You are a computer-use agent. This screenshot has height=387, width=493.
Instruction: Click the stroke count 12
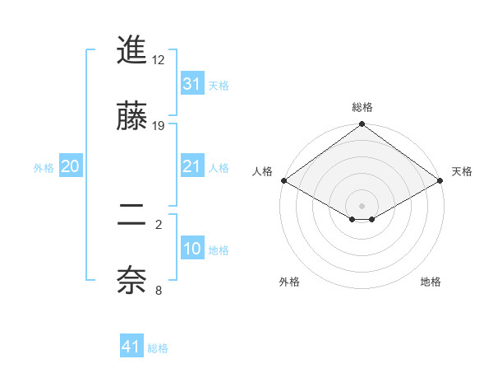[x=159, y=60]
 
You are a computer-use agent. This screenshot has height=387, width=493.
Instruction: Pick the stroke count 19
[x=159, y=126]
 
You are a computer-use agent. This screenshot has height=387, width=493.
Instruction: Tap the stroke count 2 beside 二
[x=159, y=223]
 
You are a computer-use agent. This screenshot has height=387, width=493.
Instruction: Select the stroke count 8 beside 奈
[x=159, y=289]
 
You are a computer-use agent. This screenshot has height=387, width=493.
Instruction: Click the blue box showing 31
[x=191, y=83]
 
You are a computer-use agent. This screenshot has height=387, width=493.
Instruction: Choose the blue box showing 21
[x=191, y=166]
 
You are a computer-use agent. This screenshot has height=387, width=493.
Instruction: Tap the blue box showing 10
[x=191, y=249]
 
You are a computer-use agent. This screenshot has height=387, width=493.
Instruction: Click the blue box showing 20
[x=70, y=166]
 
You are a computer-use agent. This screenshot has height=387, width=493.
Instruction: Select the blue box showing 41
[x=131, y=347]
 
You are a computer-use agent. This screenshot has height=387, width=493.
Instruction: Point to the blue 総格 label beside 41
[x=158, y=348]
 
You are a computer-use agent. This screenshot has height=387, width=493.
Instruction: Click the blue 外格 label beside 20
[x=44, y=168]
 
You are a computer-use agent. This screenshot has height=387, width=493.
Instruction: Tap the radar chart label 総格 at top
[x=362, y=107]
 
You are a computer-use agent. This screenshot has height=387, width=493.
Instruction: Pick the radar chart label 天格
[x=462, y=171]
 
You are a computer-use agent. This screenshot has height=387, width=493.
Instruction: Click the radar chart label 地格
[x=431, y=282]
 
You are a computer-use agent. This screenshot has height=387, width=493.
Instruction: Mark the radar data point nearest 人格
[x=283, y=180]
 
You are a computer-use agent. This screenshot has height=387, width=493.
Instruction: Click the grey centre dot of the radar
[x=362, y=204]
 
